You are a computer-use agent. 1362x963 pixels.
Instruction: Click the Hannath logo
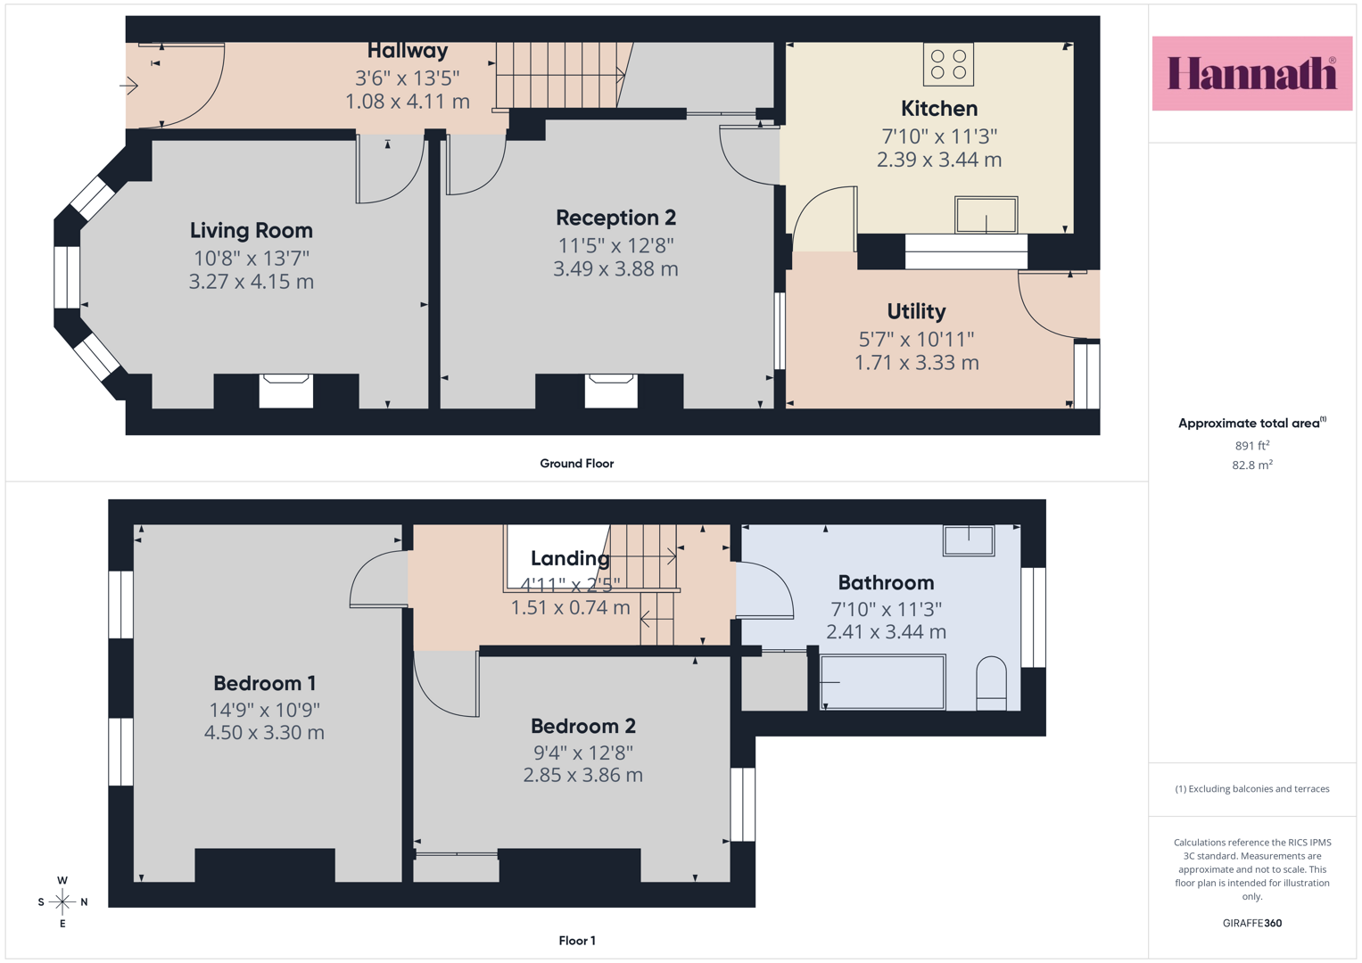(x=1252, y=73)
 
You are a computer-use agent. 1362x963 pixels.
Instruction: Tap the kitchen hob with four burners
(x=948, y=64)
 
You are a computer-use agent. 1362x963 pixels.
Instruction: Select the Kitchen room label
(x=939, y=109)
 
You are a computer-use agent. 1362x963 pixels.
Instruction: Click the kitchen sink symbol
(x=986, y=215)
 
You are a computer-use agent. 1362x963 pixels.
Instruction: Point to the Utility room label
(x=916, y=312)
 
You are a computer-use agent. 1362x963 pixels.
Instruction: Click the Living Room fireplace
(x=285, y=391)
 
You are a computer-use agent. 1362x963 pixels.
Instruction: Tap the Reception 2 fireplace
(x=611, y=391)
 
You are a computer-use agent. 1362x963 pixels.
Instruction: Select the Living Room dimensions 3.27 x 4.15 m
(x=252, y=282)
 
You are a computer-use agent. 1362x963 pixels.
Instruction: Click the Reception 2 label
(x=616, y=218)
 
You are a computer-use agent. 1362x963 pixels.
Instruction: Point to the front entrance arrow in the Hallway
(x=129, y=86)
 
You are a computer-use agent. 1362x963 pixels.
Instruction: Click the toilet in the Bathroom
(x=991, y=683)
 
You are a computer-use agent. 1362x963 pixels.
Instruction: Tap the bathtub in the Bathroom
(x=882, y=681)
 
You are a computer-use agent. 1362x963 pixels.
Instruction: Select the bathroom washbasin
(x=969, y=540)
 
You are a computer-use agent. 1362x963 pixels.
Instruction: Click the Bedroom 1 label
(x=265, y=683)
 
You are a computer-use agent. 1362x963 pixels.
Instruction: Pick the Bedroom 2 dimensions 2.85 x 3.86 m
(x=583, y=775)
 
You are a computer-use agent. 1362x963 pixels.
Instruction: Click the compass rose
(x=62, y=901)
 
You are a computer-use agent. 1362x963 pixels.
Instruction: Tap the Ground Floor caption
(x=577, y=464)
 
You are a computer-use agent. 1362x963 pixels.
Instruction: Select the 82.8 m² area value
(x=1252, y=465)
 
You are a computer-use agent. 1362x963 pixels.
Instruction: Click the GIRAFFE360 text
(x=1252, y=923)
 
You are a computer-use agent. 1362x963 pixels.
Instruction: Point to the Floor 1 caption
(x=577, y=941)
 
